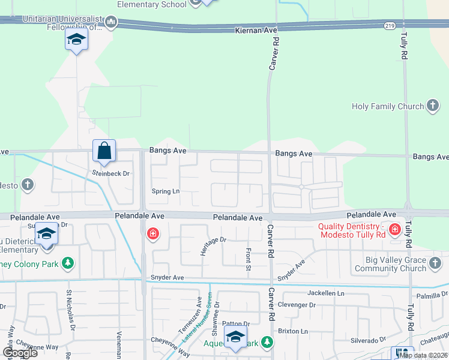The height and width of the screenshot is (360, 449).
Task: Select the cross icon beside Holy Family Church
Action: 432,106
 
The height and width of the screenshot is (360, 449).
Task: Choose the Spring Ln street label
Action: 166,191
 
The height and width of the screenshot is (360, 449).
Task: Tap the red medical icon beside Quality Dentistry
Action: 394,229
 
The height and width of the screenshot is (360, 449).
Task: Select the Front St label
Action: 247,259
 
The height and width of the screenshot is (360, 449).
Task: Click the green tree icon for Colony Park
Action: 68,263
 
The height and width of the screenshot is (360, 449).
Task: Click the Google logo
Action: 19,353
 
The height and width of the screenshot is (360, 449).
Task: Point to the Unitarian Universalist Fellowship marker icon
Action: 110,23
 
